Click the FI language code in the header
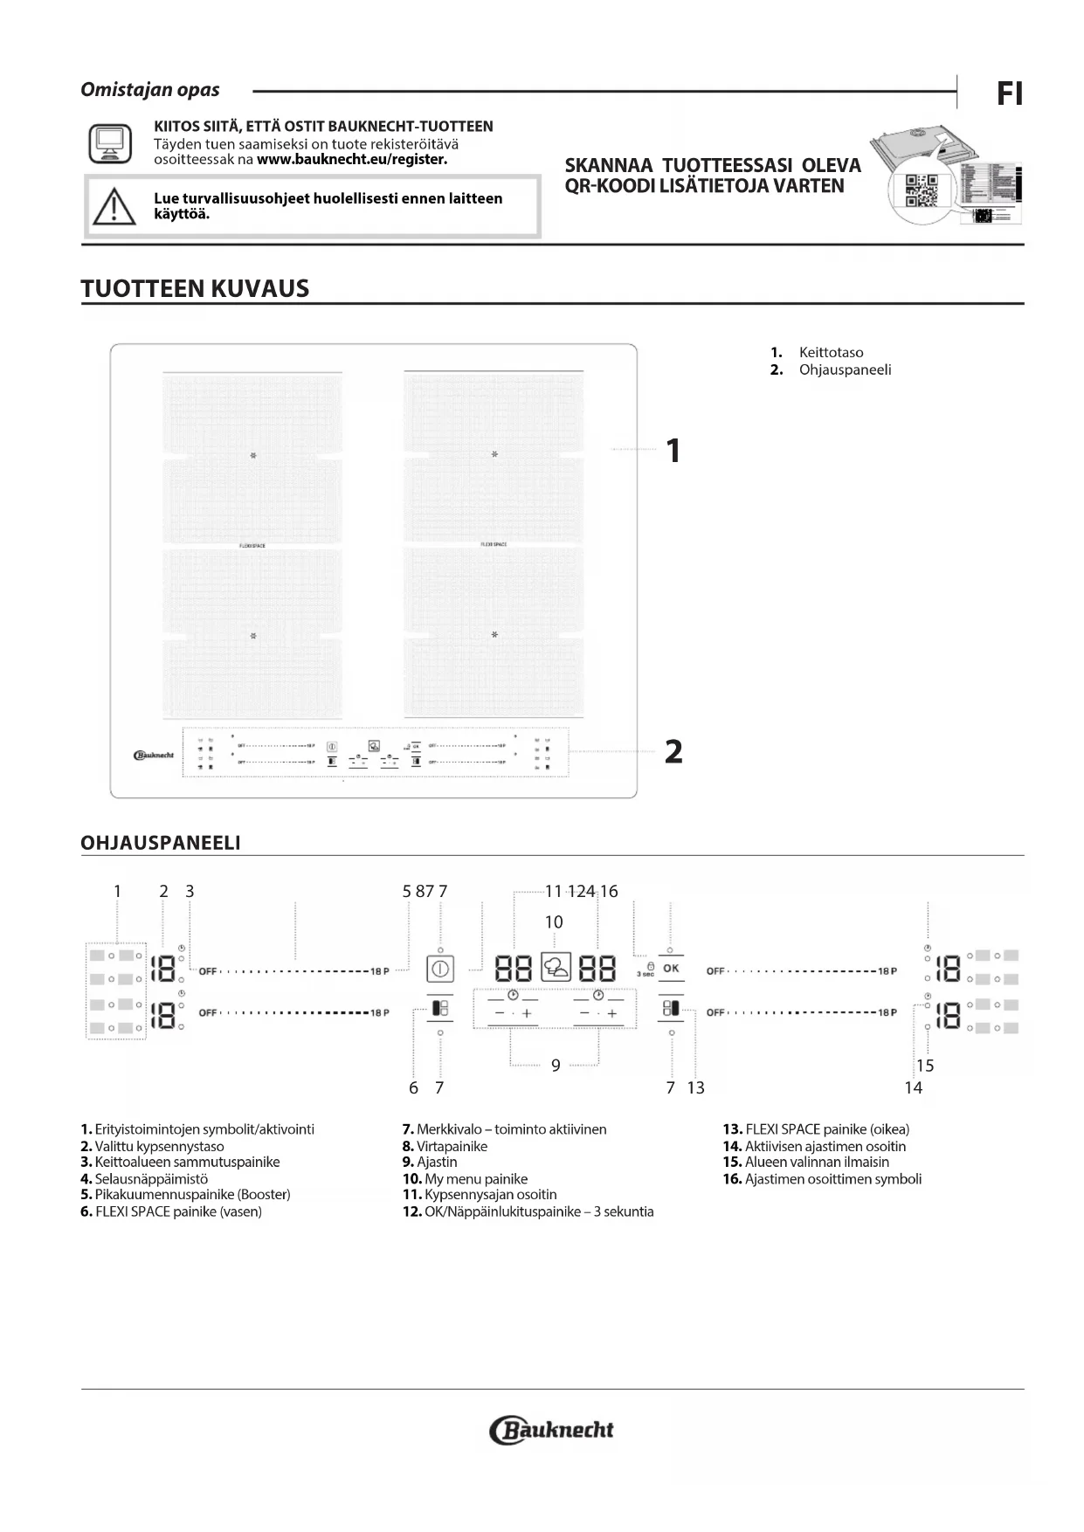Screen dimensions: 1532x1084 [1009, 93]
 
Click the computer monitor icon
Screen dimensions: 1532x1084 [110, 143]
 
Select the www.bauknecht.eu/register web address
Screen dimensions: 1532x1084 [352, 160]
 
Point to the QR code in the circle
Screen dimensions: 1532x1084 [921, 190]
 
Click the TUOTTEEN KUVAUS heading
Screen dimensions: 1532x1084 [195, 289]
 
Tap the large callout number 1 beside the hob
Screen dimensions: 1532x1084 [673, 451]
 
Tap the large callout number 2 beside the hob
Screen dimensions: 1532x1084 [673, 751]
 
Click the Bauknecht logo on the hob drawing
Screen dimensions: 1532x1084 [155, 755]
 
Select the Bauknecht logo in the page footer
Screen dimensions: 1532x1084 [552, 1430]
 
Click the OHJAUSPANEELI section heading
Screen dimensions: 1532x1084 [161, 843]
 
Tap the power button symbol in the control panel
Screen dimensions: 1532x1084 [440, 969]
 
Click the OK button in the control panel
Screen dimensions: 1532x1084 [671, 969]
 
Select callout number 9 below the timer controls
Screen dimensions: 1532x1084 [556, 1065]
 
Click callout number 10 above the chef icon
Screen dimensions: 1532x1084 [554, 922]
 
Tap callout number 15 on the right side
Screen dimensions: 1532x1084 [925, 1066]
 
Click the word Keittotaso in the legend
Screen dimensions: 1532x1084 [831, 353]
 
